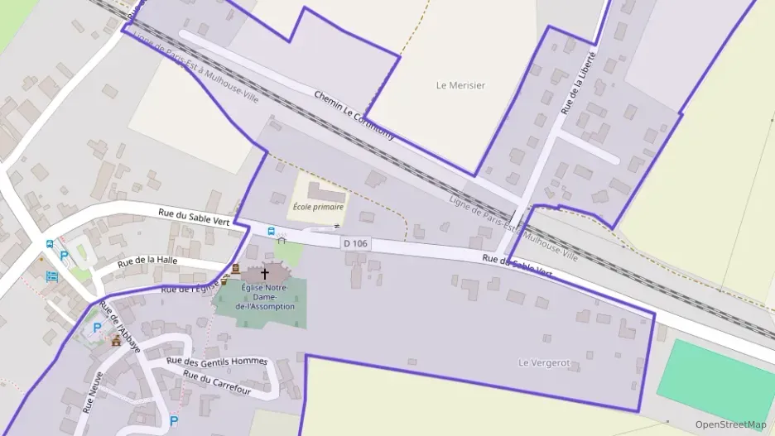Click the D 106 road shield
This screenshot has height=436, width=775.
click(x=354, y=243)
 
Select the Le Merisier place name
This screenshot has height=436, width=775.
click(x=460, y=85)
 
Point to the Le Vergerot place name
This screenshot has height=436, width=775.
click(x=545, y=362)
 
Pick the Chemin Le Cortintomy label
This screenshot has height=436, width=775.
click(x=354, y=114)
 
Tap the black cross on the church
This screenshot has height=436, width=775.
click(x=265, y=273)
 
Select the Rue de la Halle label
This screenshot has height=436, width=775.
click(x=147, y=261)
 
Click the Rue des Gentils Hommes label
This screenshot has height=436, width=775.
click(x=217, y=361)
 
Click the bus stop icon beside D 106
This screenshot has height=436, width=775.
click(x=271, y=231)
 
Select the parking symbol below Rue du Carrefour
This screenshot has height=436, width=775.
click(x=174, y=420)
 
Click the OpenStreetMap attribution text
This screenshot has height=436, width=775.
click(x=730, y=424)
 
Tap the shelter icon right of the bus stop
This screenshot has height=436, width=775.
click(x=282, y=240)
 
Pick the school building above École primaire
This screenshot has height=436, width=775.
click(x=325, y=192)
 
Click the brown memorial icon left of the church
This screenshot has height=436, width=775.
click(x=235, y=269)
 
